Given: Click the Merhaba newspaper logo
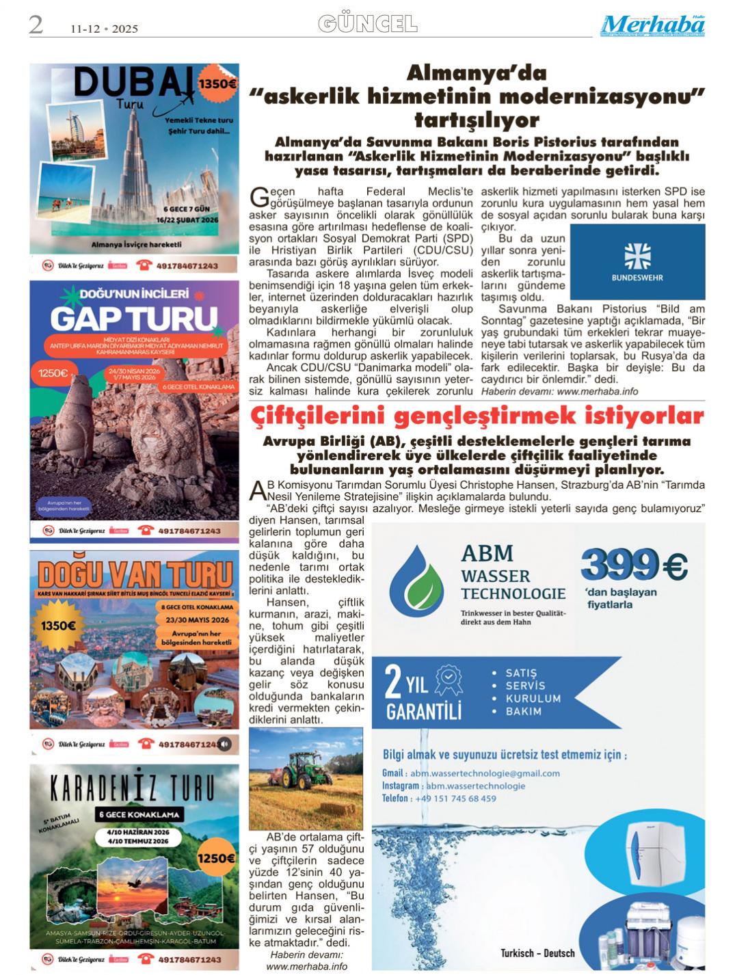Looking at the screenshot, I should coord(653,25).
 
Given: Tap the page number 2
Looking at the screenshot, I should coord(36,25).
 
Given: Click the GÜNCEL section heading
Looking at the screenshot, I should coord(368,25).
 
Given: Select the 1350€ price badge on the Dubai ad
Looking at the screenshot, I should coord(217,84).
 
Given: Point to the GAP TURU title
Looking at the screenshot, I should coord(133,319).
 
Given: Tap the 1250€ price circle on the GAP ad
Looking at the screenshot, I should coord(53,373).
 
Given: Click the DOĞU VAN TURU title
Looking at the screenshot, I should coord(135,572).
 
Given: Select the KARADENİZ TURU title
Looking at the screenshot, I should coord(135,788).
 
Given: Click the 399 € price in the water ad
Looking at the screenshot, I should coord(634,565).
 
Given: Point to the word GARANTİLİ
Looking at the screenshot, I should coord(424,711).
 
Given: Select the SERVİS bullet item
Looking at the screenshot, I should coord(525,686).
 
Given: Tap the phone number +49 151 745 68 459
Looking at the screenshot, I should coord(458,798).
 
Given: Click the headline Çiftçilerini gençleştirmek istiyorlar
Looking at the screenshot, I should coord(477,416).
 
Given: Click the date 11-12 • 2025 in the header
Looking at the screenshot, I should coord(104,29).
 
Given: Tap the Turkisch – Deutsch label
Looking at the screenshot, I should coord(537,953).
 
